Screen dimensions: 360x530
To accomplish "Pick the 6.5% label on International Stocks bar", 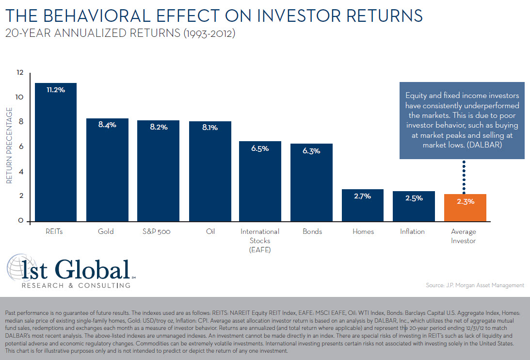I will pos(260,149).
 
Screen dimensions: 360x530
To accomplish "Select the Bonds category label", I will pos(312,231).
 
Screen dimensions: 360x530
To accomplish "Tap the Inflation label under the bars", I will pos(413,231).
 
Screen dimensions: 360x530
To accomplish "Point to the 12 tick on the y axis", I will pos(19,72).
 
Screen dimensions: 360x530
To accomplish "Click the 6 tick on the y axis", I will pos(20,147).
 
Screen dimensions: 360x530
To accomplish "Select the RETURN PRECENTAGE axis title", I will pos(9,146).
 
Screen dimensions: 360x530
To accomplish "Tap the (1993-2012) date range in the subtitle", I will pos(203,34).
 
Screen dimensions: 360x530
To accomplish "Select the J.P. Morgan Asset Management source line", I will pos(475,285).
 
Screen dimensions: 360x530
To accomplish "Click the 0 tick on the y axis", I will pos(20,221).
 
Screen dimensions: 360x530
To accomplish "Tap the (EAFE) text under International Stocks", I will pos(260,250).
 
